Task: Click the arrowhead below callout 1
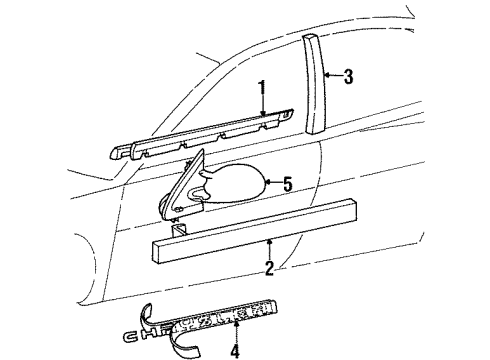coord(262,116)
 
